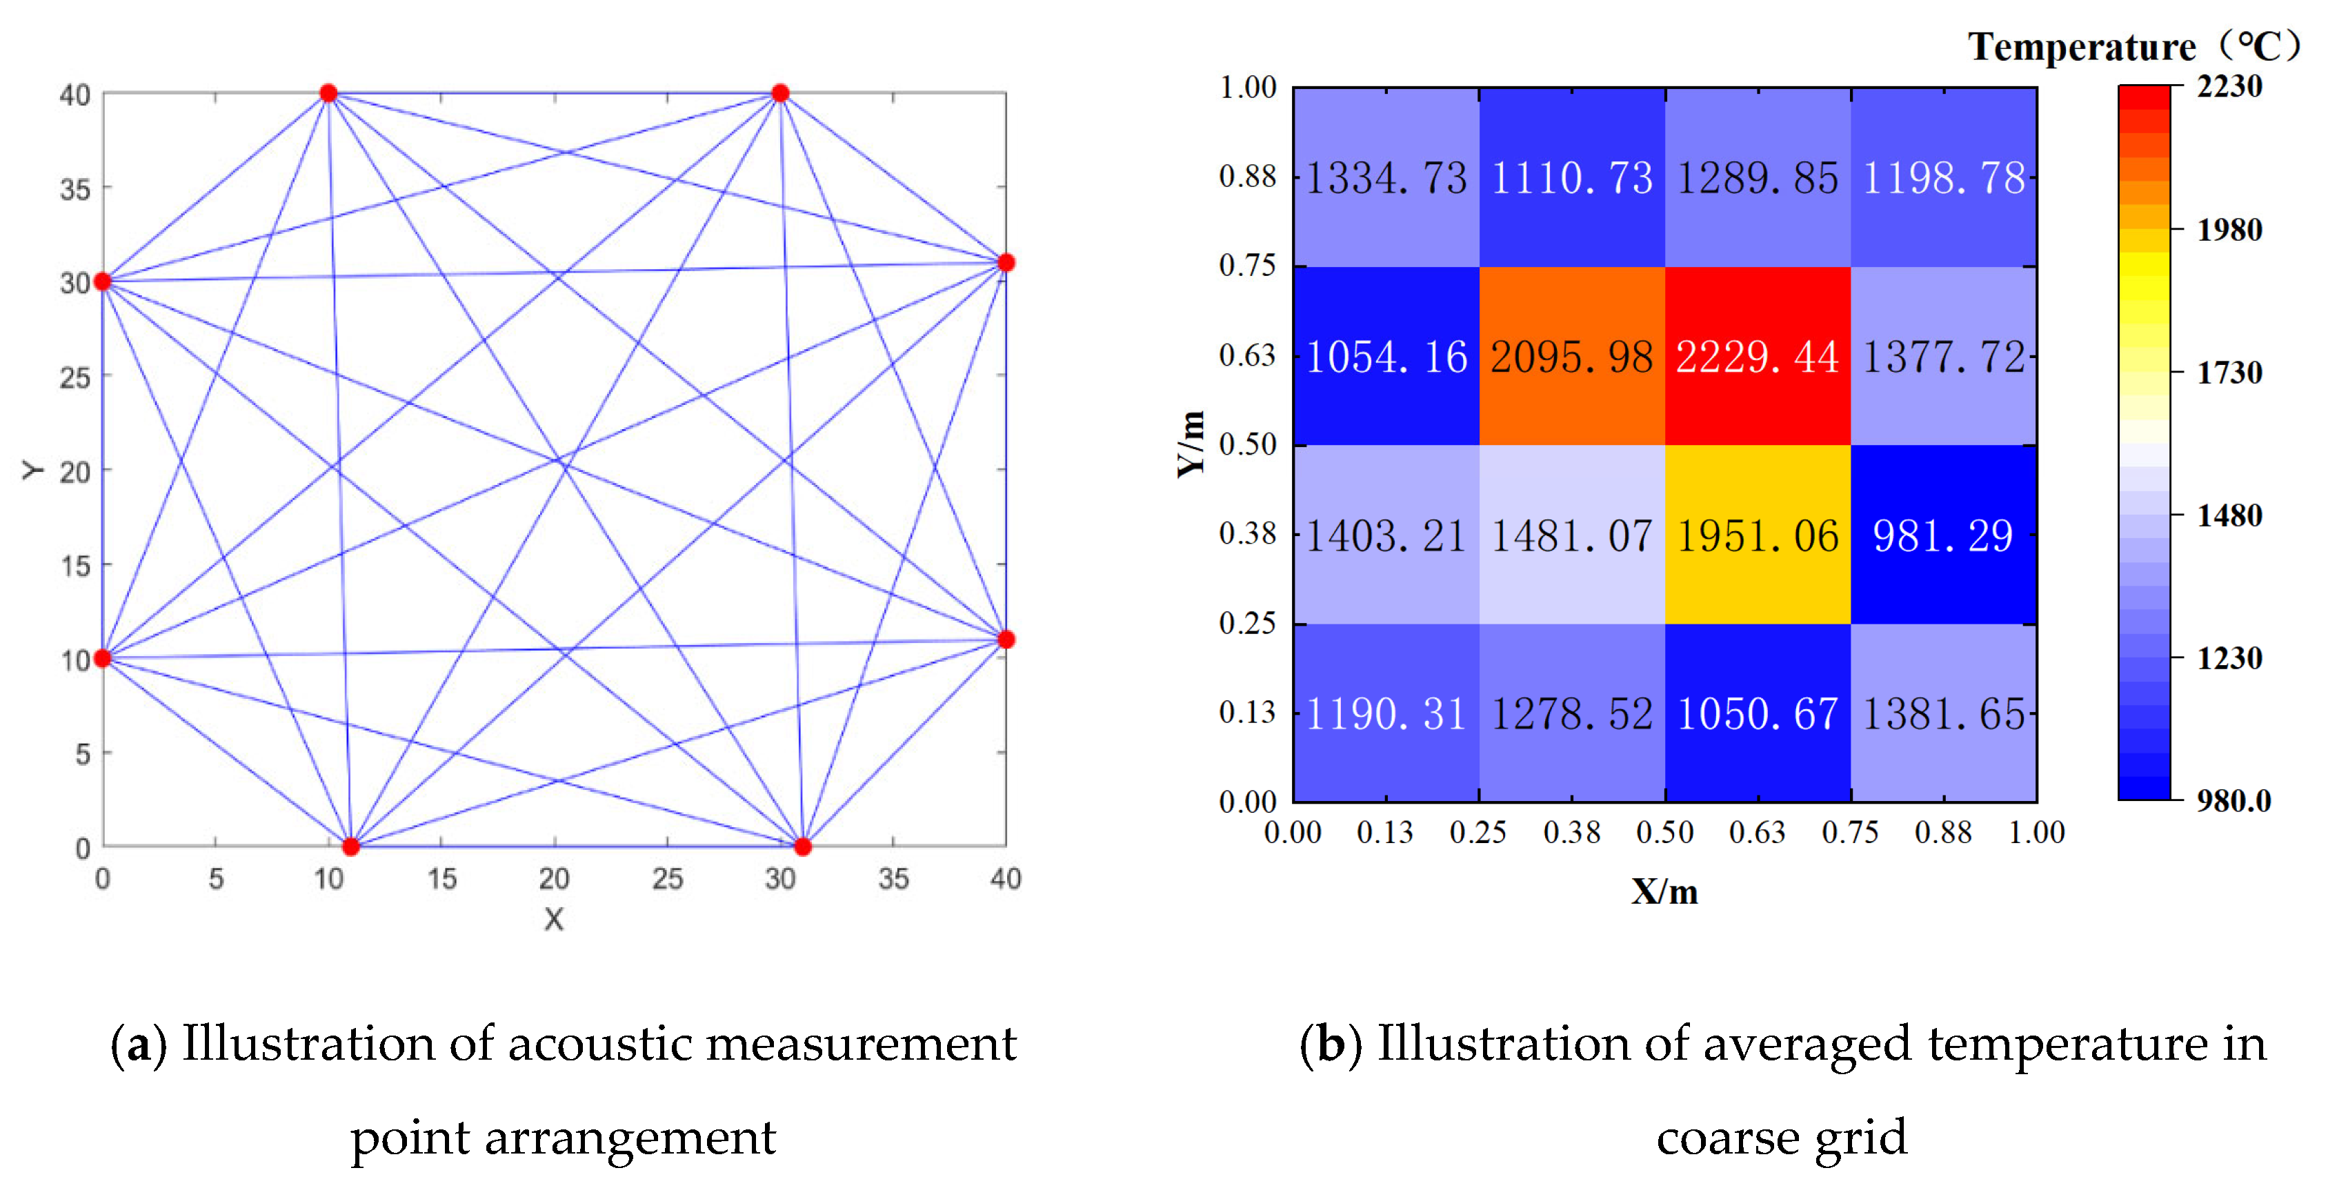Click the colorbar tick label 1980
[x=2229, y=230]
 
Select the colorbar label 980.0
[x=2233, y=800]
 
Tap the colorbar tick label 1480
[x=2229, y=516]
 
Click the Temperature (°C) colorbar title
[x=2133, y=46]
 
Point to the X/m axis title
[x=1664, y=891]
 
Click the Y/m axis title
[x=1191, y=444]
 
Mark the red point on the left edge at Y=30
[x=103, y=281]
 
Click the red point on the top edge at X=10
[x=328, y=93]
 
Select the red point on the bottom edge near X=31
[x=802, y=847]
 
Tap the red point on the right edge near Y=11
[x=1006, y=639]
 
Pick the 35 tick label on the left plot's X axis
[x=893, y=879]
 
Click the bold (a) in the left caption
[x=139, y=1045]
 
